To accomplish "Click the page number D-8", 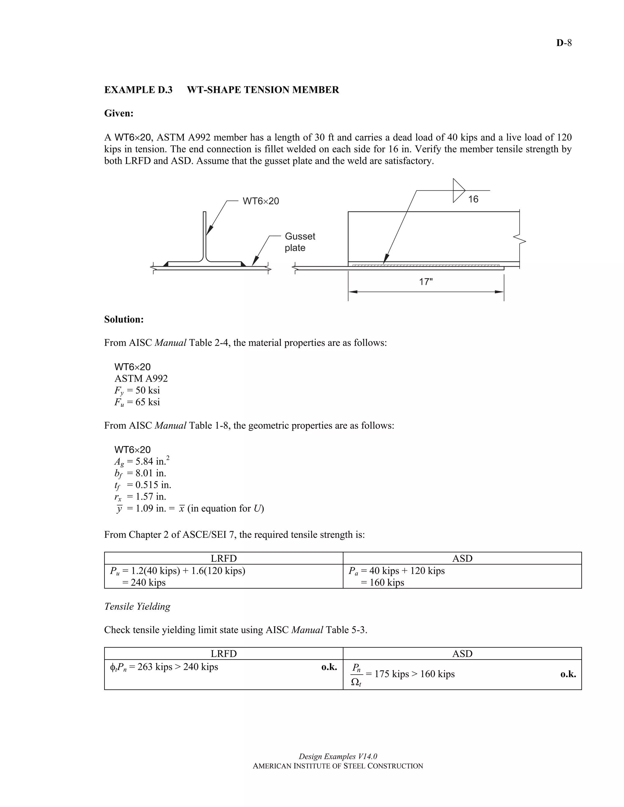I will tap(564, 43).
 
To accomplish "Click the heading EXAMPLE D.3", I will tap(138, 90).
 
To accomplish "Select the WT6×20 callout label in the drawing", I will tap(261, 201).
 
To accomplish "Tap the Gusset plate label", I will tap(300, 242).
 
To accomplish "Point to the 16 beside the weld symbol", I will tap(473, 199).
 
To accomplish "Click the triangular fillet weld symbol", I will tap(458, 191).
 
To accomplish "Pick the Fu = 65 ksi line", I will tap(137, 402).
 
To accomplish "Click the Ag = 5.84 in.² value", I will tap(142, 461).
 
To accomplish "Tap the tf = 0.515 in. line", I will tap(143, 485).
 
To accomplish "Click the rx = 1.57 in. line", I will tap(140, 497).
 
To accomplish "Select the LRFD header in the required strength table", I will tap(224, 558).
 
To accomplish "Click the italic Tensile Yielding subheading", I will tap(137, 606).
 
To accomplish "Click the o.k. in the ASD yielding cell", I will tap(568, 674).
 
